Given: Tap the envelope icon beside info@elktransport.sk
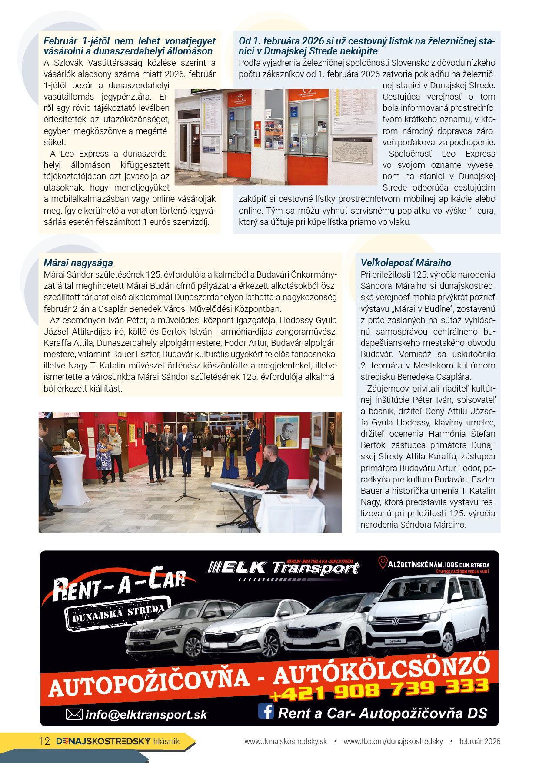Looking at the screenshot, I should coord(74,714).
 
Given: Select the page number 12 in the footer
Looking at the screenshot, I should coord(44,741).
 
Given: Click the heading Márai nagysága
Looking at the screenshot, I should coord(78,263).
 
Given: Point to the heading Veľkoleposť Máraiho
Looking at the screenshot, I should coord(406,263).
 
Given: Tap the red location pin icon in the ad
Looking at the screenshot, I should coord(383,563).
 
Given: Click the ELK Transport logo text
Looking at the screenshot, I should coord(284,568).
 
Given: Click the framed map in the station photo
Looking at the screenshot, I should coord(352,150).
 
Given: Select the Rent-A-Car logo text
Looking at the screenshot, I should coord(120,583).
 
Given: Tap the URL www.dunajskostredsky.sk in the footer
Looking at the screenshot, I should coord(285,741).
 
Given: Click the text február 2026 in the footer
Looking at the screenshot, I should coord(479,741).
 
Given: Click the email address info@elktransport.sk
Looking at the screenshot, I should coord(146,714).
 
